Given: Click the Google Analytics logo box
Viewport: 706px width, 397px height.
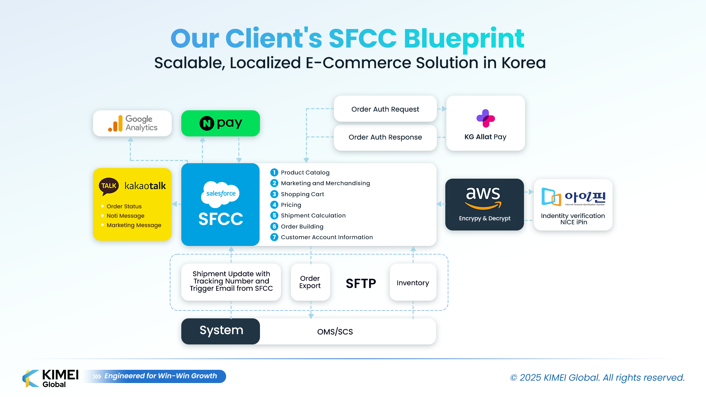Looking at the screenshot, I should coord(132,124).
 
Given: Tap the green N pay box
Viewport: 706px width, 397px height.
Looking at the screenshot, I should coord(221,124).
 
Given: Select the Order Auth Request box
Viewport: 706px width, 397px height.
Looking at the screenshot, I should coord(385,109).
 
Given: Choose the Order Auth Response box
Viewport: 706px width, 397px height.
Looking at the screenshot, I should coord(385,137).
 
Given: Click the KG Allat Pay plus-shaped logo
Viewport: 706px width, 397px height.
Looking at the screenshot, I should coord(485,118).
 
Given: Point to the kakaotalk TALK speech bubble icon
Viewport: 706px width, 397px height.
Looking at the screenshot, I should coord(108,186).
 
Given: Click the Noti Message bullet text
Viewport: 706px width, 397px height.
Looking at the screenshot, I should coord(125,216).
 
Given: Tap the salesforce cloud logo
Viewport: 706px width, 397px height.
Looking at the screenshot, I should coord(221,193).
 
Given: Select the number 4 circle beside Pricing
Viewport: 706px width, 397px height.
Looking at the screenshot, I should coord(274,205).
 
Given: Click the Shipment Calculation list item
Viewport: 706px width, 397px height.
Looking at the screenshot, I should coord(313,215).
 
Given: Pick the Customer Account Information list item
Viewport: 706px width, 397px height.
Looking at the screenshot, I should coord(327,237).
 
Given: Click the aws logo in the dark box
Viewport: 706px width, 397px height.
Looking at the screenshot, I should coord(483,197).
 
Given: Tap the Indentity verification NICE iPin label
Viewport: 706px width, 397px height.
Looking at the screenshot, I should coord(573,219).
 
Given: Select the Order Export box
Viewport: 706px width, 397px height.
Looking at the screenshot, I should coord(310,282).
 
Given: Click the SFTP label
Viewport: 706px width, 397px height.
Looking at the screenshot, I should coord(361,283).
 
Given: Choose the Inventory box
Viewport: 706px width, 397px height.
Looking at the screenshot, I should coord(413,283).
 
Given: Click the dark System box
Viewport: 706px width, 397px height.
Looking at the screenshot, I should coord(221,331).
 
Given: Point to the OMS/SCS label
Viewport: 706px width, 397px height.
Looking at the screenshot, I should coord(335,332).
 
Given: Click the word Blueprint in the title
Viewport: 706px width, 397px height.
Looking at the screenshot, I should coord(464,39).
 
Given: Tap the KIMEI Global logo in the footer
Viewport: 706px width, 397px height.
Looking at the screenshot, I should coord(51,378).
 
